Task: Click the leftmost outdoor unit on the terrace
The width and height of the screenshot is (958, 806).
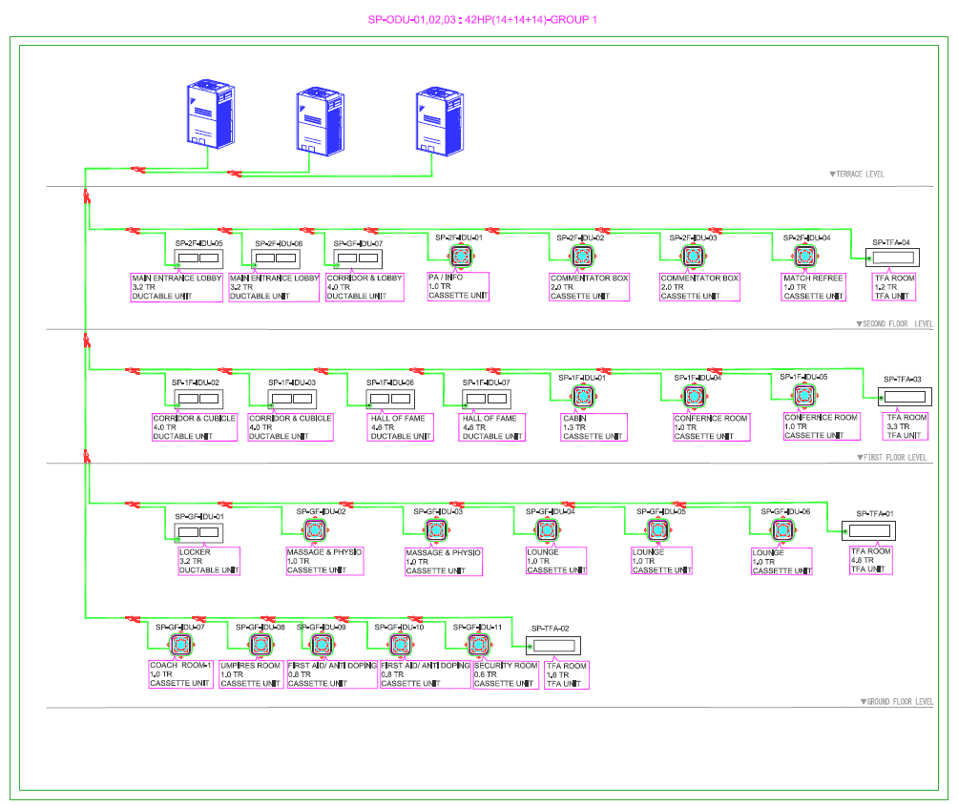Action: point(209,112)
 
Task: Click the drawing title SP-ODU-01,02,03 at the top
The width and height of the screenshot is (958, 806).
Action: point(483,19)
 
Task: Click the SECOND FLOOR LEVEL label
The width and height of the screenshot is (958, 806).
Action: point(894,324)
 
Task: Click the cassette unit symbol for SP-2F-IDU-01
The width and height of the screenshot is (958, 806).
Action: point(462,257)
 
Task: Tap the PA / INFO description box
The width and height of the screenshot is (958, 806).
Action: point(458,287)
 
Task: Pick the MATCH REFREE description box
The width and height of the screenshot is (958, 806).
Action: point(814,287)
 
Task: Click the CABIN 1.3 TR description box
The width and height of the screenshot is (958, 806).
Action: point(594,426)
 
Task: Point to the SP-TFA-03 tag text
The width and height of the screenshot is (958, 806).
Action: point(903,379)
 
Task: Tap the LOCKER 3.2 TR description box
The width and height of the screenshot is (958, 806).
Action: point(208,561)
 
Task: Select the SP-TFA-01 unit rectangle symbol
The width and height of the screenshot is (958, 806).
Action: point(868,531)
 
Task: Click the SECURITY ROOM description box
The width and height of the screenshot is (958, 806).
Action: point(506,674)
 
